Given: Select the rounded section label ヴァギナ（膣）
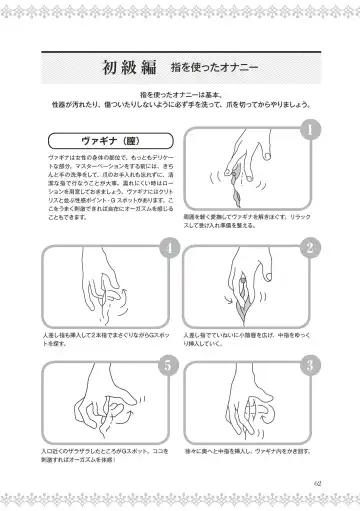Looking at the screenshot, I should point(95,139).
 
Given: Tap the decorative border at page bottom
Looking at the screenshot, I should point(180,505).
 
